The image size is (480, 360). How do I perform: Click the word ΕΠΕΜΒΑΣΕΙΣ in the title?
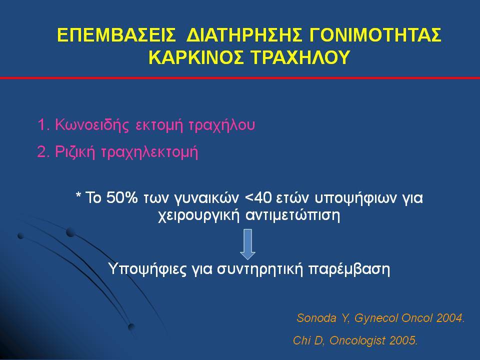coord(116,34)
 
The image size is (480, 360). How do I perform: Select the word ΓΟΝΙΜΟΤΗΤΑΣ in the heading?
coord(375,34)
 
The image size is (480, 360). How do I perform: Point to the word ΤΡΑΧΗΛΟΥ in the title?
coord(300,57)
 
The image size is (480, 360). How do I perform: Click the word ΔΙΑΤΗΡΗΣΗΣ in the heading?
coord(244,34)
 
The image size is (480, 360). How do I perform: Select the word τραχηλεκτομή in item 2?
coord(149,152)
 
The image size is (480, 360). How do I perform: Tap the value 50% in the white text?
coord(122,197)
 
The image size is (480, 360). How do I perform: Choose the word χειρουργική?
coord(198,216)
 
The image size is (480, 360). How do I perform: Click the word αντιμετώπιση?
coord(293,216)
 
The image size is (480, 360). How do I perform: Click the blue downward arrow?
coord(247,244)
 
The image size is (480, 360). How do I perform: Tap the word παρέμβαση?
coord(349,269)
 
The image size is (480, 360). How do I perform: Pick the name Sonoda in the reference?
coord(316,318)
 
